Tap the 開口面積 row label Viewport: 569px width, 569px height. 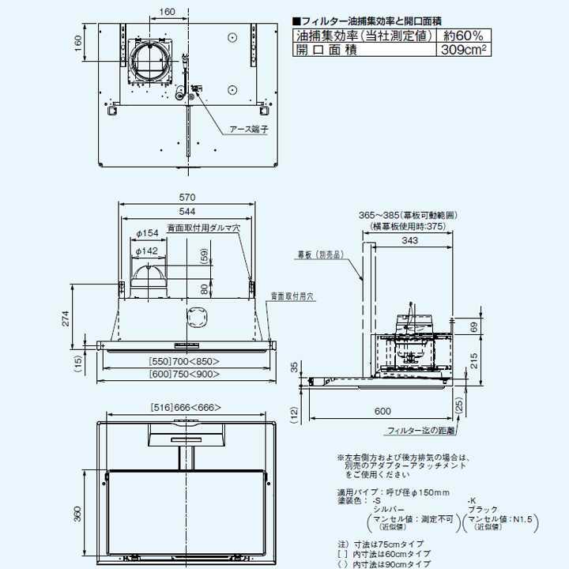[x=326, y=50]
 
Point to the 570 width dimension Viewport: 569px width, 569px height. [x=187, y=197]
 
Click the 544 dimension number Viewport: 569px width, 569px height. [x=187, y=212]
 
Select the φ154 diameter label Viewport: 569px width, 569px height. [x=148, y=233]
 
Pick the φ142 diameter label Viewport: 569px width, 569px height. [x=148, y=251]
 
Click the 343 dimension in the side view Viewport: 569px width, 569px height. [x=409, y=241]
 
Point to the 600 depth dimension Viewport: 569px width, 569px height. [x=382, y=412]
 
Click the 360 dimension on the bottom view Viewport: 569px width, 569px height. [x=77, y=514]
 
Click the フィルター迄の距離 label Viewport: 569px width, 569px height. [x=421, y=431]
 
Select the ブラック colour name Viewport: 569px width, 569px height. [x=483, y=511]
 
